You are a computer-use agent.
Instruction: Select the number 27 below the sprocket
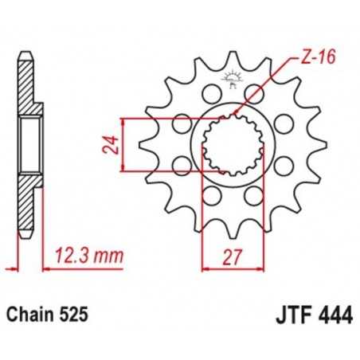(x=231, y=257)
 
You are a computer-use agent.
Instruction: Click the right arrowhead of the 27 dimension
(x=256, y=270)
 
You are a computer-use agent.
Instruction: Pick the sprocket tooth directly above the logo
(x=232, y=60)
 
